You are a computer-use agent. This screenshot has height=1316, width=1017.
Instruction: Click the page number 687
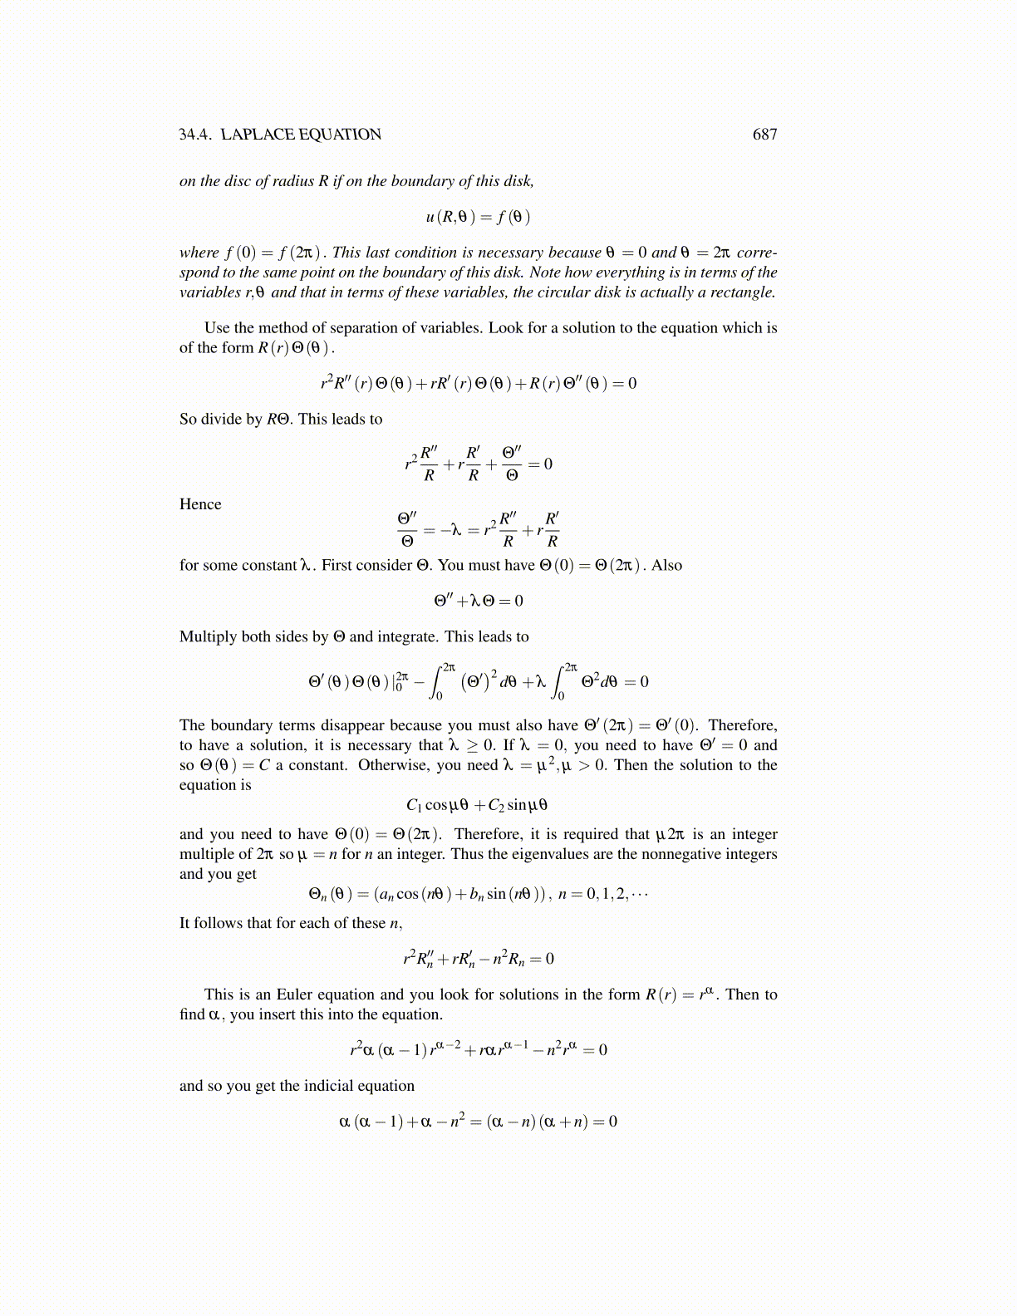pyautogui.click(x=764, y=135)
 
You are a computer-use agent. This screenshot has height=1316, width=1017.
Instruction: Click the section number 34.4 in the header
pyautogui.click(x=195, y=135)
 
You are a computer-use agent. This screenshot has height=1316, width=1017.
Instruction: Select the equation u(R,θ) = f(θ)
pyautogui.click(x=478, y=218)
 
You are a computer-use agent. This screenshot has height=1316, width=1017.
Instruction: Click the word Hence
pyautogui.click(x=200, y=504)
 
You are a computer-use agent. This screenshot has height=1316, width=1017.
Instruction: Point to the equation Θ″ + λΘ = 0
pyautogui.click(x=479, y=601)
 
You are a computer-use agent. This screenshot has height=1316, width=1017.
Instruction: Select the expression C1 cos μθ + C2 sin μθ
pyautogui.click(x=477, y=805)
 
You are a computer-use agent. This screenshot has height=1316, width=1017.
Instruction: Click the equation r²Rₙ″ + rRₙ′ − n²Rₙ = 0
pyautogui.click(x=479, y=959)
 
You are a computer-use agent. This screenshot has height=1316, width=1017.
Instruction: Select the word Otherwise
pyautogui.click(x=391, y=765)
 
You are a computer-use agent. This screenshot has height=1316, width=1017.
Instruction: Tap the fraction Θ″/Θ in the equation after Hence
pyautogui.click(x=407, y=529)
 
